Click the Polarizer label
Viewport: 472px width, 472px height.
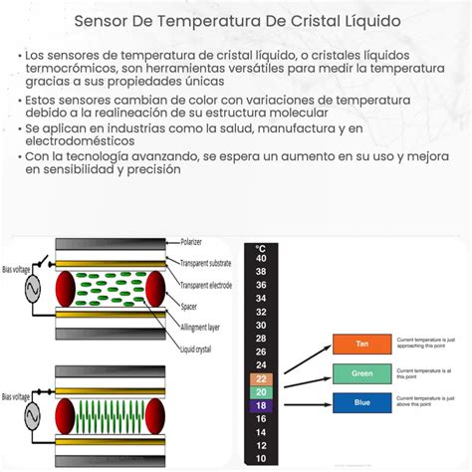[198, 242]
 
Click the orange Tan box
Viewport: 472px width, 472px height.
[361, 344]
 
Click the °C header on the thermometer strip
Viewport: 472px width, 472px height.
[261, 247]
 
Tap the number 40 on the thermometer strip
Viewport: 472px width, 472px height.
[261, 258]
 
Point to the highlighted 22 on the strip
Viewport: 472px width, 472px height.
[261, 379]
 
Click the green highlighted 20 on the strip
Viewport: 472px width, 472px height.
[261, 392]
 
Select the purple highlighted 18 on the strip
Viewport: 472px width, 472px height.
[261, 406]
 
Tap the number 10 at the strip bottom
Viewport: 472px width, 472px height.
[261, 458]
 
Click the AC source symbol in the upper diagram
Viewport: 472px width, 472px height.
[29, 291]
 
